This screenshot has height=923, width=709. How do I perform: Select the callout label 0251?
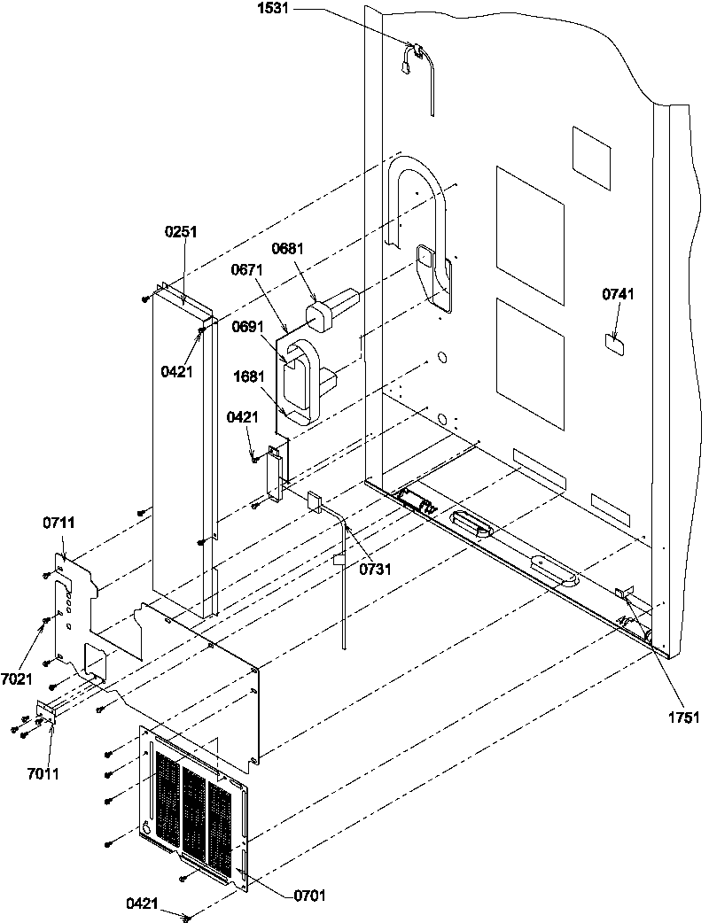[181, 232]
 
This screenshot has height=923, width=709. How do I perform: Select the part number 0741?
[618, 295]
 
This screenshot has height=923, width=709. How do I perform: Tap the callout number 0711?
[58, 525]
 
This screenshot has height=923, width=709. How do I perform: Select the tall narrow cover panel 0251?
[182, 452]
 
